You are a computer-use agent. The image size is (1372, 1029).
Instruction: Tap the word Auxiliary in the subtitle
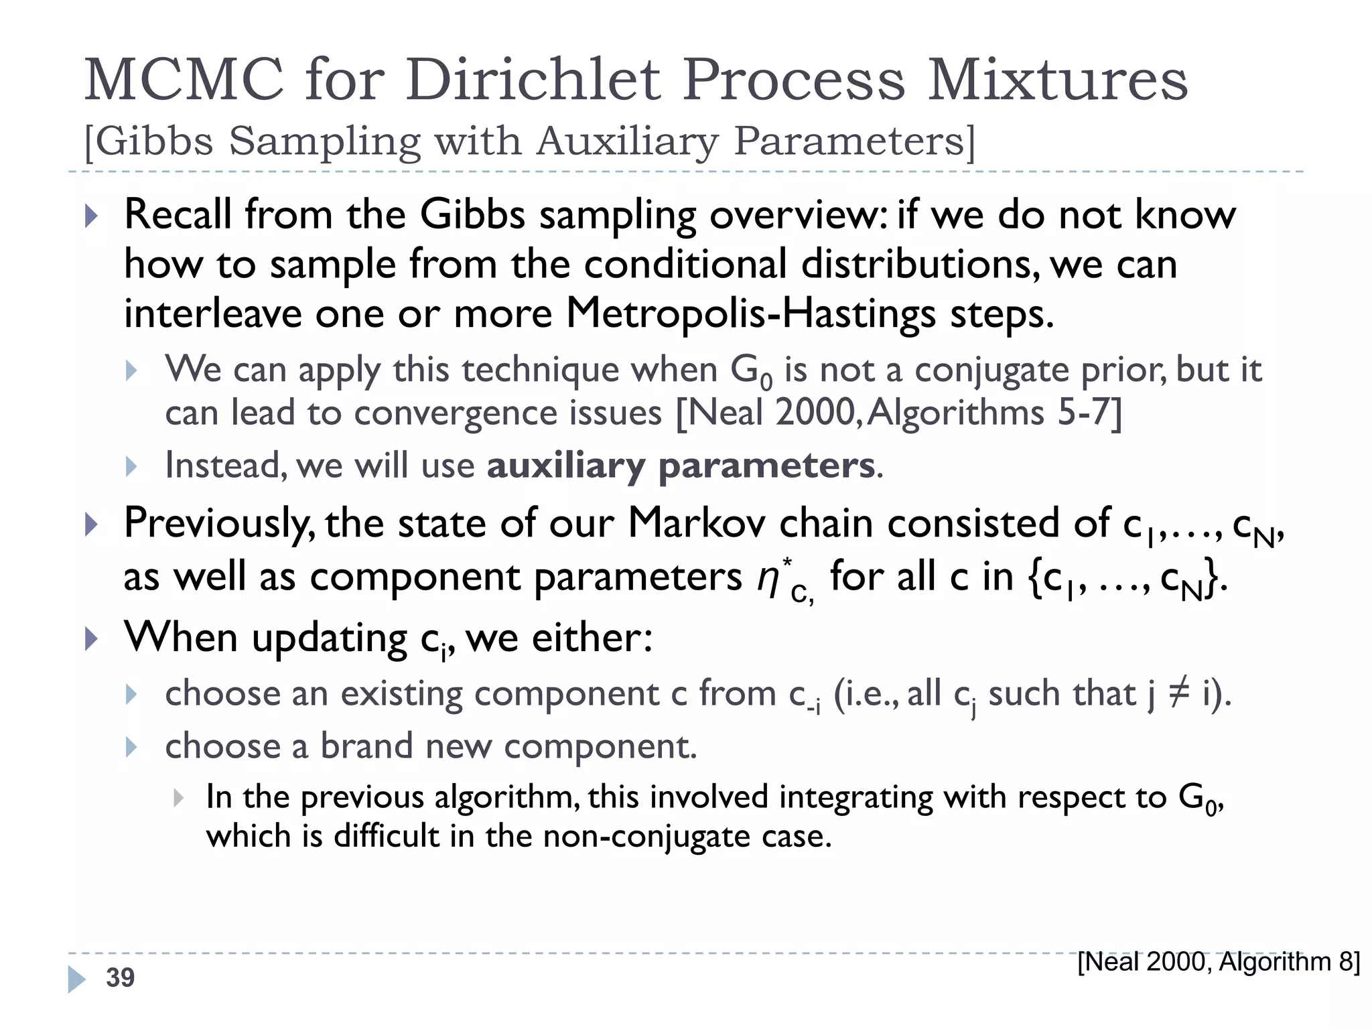click(x=627, y=141)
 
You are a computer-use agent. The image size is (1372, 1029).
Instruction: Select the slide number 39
click(x=120, y=977)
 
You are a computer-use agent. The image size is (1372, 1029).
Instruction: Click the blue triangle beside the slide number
click(x=76, y=979)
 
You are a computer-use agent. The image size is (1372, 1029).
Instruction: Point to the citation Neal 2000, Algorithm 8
click(x=1219, y=962)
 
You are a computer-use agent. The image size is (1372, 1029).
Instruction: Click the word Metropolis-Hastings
click(x=751, y=314)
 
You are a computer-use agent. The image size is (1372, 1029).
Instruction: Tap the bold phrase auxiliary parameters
click(x=681, y=466)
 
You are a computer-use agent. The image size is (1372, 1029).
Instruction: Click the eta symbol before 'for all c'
click(x=768, y=577)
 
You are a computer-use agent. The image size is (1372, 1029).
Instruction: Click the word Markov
click(x=697, y=523)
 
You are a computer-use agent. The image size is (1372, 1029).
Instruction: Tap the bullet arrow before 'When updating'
click(x=92, y=638)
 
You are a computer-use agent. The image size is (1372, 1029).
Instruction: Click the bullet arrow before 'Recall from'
click(x=92, y=216)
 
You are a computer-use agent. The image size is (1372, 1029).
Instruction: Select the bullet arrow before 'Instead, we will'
click(x=131, y=466)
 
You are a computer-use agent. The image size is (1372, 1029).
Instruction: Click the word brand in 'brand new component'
click(x=366, y=746)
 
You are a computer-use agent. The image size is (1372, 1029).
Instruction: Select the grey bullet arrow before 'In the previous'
click(x=178, y=797)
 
